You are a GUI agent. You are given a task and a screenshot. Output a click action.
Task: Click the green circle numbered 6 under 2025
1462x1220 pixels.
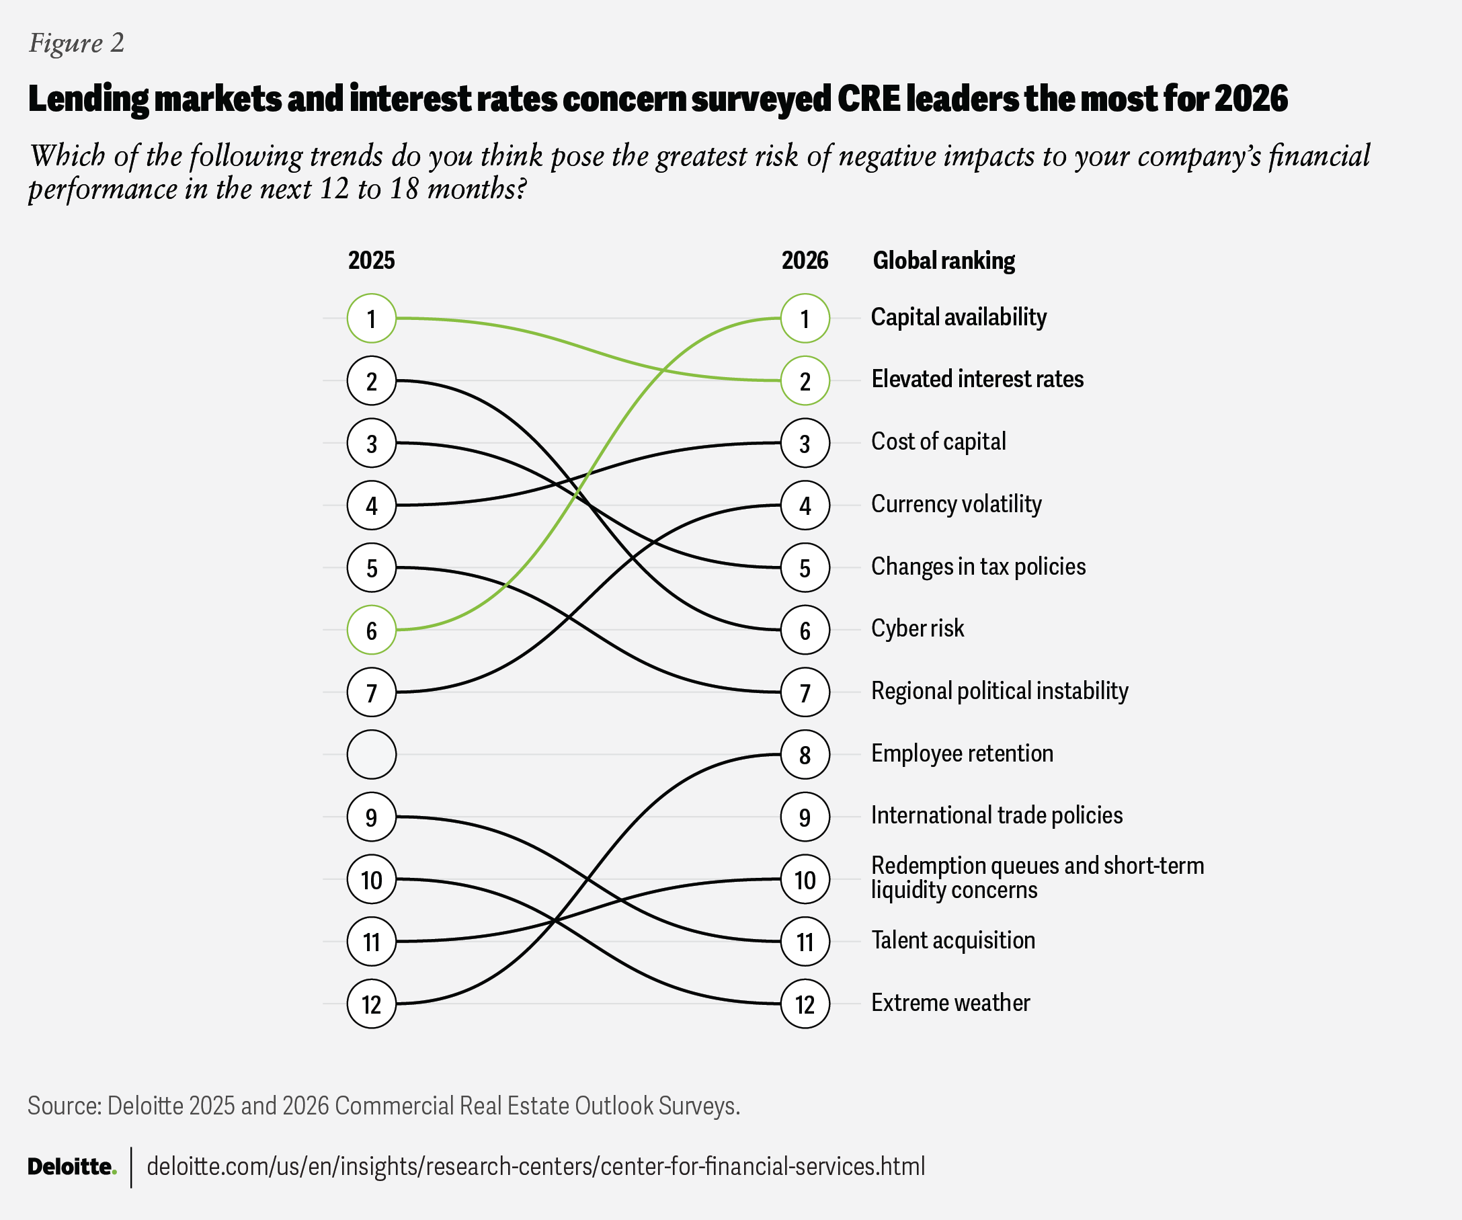point(371,630)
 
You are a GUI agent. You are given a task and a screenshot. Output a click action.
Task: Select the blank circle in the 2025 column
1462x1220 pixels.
point(371,754)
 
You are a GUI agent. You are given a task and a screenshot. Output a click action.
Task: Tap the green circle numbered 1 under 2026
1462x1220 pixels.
point(805,318)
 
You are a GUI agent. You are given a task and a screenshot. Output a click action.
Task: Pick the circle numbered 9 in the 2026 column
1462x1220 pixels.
point(805,816)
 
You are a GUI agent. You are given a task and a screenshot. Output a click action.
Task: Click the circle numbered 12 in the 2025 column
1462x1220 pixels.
point(371,1004)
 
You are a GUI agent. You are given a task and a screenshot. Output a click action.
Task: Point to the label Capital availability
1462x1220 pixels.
point(959,317)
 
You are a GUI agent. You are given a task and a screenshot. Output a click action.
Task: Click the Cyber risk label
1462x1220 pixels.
point(918,628)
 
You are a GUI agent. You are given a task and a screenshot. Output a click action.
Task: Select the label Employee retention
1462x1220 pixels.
point(962,754)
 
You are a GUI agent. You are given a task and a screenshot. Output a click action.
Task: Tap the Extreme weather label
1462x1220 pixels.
point(950,1003)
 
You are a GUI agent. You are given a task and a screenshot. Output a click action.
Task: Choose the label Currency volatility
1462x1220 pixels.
point(956,504)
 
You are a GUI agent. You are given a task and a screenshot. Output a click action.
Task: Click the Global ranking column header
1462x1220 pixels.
point(943,260)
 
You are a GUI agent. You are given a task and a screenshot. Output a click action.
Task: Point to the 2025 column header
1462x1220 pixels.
point(371,260)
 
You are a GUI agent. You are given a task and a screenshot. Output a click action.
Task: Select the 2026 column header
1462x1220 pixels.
point(805,260)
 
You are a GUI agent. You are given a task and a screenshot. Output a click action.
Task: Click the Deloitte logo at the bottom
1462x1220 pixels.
point(72,1166)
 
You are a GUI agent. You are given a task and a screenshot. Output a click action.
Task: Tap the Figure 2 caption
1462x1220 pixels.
point(77,43)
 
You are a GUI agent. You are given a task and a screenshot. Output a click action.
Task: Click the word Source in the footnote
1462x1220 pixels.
point(64,1106)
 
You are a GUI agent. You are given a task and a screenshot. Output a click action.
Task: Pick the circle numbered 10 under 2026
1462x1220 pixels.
point(805,879)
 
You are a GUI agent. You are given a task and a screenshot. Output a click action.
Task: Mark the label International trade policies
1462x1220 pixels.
point(997,815)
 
